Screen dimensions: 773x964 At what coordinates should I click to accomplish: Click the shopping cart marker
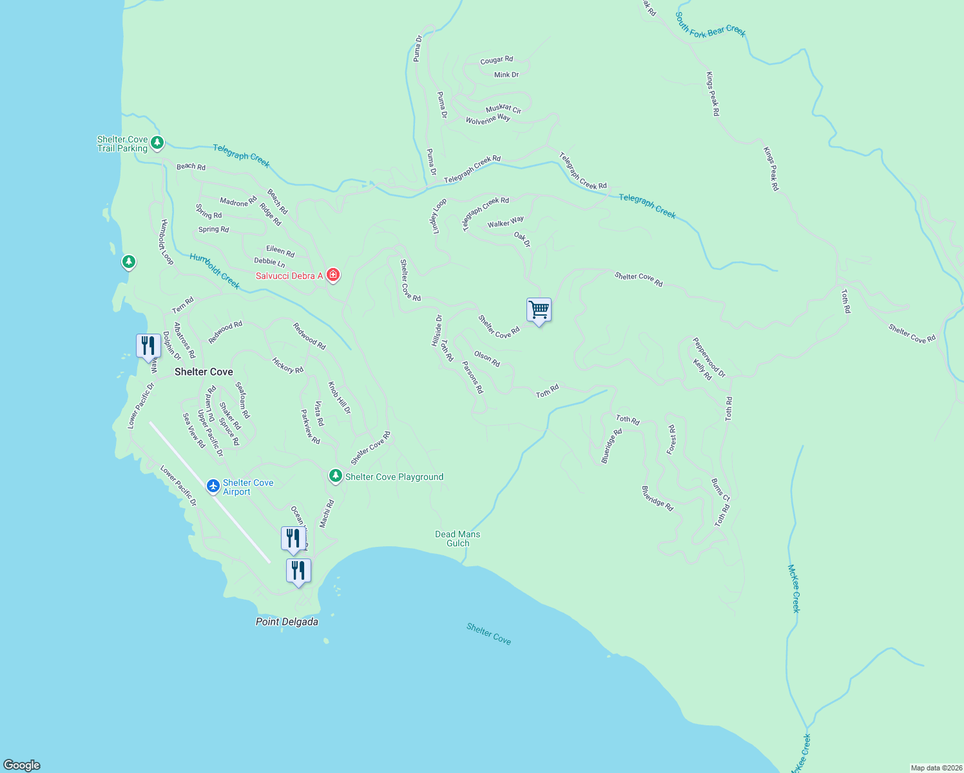539,310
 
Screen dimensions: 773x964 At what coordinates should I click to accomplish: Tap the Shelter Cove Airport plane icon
213,486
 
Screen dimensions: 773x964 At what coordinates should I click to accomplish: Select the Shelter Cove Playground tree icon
335,476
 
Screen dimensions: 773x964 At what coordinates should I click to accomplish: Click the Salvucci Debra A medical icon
333,276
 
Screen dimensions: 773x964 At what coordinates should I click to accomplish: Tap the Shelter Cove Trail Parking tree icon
157,142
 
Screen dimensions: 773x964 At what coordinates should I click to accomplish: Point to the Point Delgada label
287,622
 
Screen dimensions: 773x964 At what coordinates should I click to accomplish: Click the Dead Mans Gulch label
458,539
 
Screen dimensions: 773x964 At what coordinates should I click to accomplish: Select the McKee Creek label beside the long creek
795,588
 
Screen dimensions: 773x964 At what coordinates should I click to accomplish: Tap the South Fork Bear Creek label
710,25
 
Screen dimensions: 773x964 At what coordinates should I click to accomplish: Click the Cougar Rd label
496,60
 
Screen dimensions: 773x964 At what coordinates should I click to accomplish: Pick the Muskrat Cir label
503,109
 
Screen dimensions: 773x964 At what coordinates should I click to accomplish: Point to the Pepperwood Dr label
709,357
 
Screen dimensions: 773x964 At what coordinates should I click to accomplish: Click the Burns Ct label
720,490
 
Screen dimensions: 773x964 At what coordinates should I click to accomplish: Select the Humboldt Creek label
215,271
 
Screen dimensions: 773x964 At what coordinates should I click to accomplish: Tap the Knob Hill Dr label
340,397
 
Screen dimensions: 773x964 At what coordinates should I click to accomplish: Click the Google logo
22,765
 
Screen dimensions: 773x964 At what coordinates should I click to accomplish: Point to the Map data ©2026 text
936,768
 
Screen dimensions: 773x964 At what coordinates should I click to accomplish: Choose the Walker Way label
505,223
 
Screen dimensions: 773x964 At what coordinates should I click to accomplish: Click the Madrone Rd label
238,202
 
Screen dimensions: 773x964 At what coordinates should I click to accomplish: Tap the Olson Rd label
487,358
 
